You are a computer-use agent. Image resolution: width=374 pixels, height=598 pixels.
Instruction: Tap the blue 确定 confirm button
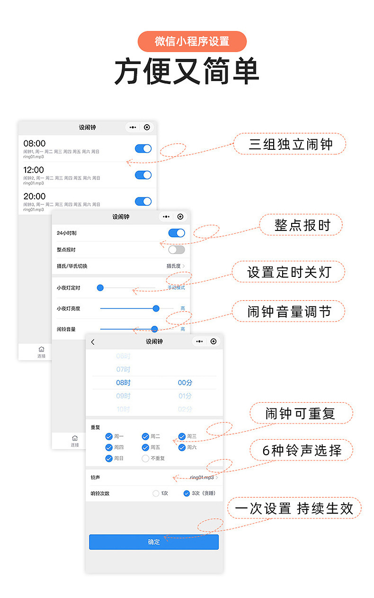coord(154,542)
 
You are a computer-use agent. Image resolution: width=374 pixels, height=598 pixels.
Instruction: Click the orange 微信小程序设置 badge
coord(192,41)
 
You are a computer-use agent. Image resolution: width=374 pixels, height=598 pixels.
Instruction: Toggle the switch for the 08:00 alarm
coord(143,148)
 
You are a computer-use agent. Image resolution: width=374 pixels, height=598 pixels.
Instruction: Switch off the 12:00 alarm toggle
coord(143,175)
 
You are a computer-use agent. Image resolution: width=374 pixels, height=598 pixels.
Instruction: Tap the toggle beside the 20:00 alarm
coord(143,202)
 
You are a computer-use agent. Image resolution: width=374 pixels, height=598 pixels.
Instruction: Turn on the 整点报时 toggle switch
coord(177,249)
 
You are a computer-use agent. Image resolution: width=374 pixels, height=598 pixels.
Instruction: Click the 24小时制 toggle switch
coord(177,233)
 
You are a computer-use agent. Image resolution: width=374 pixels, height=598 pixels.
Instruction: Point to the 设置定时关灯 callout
coord(289,272)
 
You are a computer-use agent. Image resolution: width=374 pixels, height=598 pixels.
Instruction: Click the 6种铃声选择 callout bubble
coord(302,450)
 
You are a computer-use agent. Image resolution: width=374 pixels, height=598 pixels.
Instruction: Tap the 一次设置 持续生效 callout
coord(294,508)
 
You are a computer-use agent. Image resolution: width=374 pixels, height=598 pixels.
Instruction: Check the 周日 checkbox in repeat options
coord(109,459)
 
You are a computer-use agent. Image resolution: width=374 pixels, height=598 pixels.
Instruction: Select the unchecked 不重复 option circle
coord(145,459)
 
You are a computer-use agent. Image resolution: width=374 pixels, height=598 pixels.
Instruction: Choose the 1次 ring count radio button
coord(156,493)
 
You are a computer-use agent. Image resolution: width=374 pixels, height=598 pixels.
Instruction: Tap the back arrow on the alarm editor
coord(93,342)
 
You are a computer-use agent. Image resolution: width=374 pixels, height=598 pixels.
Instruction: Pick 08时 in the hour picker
coord(123,383)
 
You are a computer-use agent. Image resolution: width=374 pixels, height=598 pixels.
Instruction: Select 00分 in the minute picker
coord(185,383)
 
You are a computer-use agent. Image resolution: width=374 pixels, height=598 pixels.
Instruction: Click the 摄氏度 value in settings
coord(174,266)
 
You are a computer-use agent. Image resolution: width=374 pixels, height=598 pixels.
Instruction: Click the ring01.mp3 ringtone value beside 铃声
coord(203,478)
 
